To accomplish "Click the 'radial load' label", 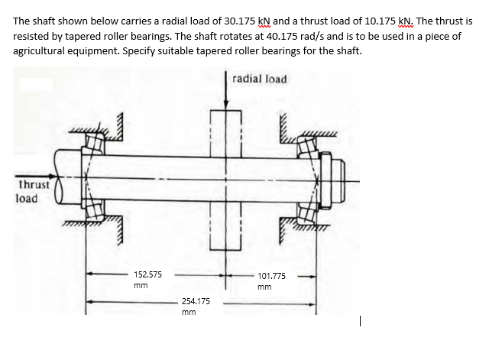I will click(260, 79).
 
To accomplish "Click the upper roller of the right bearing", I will click(306, 144).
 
